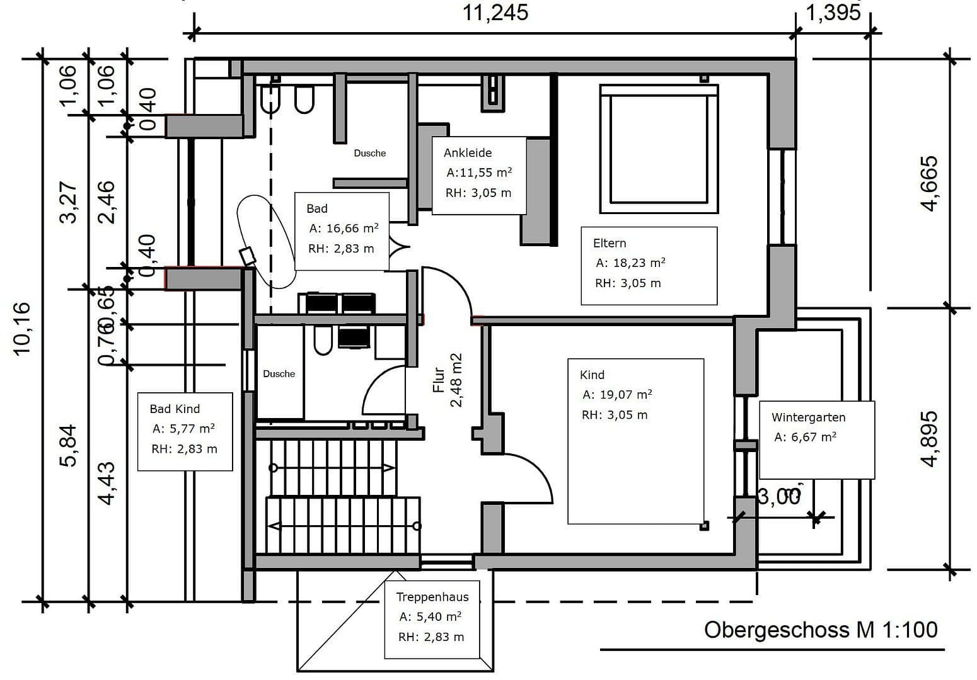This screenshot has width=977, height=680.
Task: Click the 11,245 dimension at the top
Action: pos(495,13)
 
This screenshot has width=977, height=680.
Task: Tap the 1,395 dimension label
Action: pos(833,13)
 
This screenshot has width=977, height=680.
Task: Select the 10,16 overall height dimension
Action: pos(21,328)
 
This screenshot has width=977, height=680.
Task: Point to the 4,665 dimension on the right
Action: pos(929,183)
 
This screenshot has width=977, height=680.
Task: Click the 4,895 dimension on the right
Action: pos(929,439)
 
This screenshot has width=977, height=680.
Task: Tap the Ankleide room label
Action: pos(467,153)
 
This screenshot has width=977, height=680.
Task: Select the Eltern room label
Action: pos(609,243)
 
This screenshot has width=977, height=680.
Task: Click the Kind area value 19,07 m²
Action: pos(616,395)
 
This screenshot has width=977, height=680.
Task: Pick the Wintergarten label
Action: pos(808,417)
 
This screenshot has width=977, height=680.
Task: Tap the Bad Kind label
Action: pos(175,409)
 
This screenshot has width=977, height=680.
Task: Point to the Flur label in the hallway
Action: pos(439,380)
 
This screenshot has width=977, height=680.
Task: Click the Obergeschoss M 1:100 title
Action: pos(820,630)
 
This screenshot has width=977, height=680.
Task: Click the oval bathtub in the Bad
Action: pos(266,242)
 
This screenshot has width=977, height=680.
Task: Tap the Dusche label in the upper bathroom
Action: pos(369,153)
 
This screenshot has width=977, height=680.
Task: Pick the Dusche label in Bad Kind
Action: pos(279,374)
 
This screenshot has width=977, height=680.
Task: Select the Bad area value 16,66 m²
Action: pos(344,229)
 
